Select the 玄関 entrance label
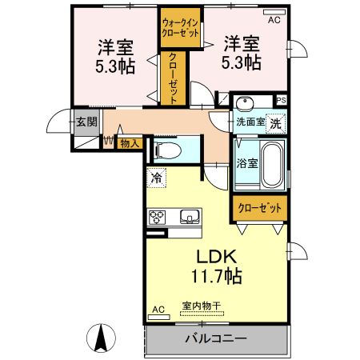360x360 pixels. point(86,122)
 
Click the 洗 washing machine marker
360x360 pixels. point(274,124)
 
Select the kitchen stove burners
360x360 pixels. point(158,217)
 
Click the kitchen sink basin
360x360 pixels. point(190,216)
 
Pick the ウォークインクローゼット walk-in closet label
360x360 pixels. point(180,29)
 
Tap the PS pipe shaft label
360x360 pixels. point(281,101)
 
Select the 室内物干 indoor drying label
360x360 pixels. point(201,306)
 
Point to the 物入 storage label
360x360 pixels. point(130,143)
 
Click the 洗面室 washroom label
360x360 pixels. point(249,123)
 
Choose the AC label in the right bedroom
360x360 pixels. point(274,20)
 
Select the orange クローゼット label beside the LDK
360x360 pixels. point(260,208)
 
